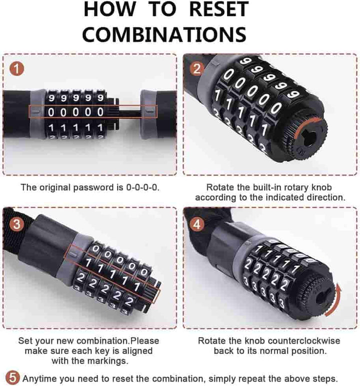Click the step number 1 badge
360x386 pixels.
click(x=17, y=69)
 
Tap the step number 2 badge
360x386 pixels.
click(x=196, y=69)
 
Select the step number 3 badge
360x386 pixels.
click(x=17, y=223)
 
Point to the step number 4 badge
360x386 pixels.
click(x=196, y=223)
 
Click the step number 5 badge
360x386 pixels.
click(x=13, y=377)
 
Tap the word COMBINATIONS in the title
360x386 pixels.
click(x=164, y=34)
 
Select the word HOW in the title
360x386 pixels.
click(x=109, y=10)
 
